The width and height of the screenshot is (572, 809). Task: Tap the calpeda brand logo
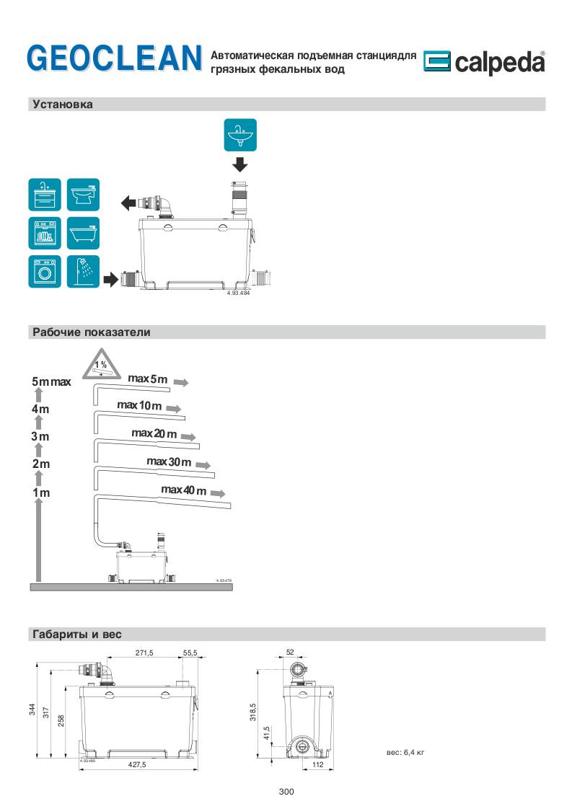(x=484, y=63)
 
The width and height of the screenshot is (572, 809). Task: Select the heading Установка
(x=63, y=105)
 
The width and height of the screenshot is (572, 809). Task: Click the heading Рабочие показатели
(x=91, y=332)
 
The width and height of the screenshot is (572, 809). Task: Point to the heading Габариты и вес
(x=77, y=635)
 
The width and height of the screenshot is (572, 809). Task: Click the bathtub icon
(x=83, y=233)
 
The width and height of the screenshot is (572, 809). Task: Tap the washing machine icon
(x=45, y=272)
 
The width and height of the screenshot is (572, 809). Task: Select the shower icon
(x=83, y=272)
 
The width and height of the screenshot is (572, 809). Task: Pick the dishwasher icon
(x=45, y=233)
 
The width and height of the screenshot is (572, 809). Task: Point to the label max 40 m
(x=183, y=490)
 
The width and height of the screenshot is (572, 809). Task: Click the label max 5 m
(x=147, y=379)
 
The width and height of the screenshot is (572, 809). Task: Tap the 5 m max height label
(x=51, y=381)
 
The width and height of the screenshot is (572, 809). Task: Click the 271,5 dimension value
(x=144, y=653)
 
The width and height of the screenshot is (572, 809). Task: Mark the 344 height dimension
(x=32, y=710)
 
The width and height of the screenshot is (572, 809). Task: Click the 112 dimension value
(x=317, y=765)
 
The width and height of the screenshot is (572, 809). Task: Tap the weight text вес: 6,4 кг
(x=405, y=752)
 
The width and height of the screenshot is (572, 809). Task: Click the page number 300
(x=286, y=792)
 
